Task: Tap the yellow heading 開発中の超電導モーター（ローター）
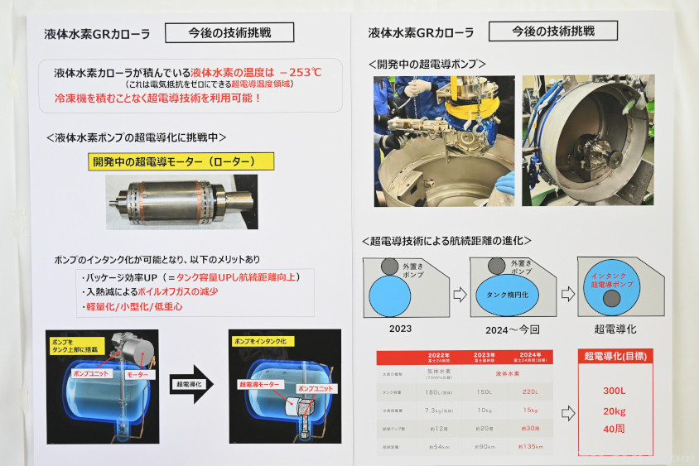point(172,162)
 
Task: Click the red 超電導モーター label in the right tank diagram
point(258,384)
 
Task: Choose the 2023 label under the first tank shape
point(399,329)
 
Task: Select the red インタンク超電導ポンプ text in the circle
point(614,280)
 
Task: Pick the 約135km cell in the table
point(534,448)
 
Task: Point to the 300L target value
point(615,391)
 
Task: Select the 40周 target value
point(615,429)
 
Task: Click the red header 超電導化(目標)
point(615,357)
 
